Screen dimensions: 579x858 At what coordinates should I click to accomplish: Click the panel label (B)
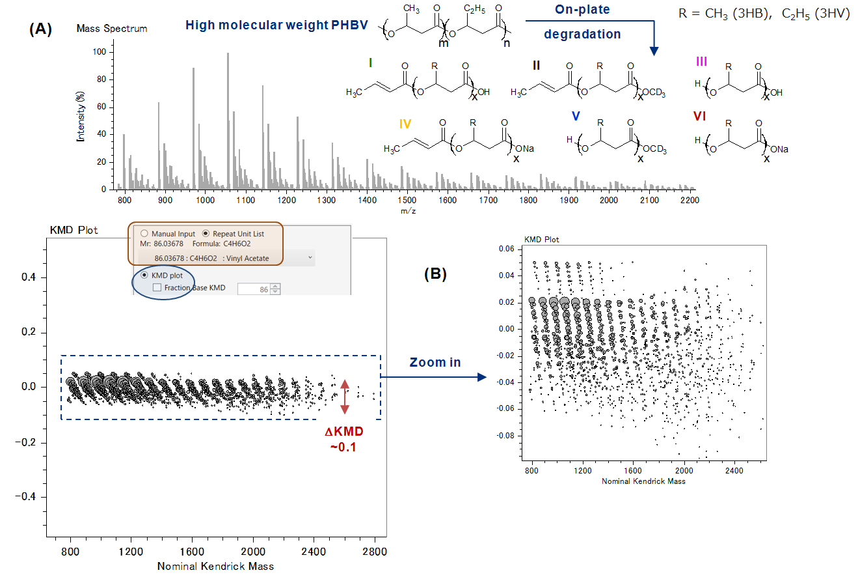click(435, 274)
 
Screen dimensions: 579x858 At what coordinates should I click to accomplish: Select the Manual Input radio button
click(143, 233)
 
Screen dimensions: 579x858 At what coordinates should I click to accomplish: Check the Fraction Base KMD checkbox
click(157, 287)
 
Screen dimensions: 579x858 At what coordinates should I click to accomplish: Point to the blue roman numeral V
click(576, 116)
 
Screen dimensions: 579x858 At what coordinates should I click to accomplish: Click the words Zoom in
click(435, 361)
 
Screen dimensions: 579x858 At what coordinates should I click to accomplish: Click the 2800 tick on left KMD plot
click(375, 552)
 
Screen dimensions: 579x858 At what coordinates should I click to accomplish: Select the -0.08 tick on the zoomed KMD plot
click(506, 434)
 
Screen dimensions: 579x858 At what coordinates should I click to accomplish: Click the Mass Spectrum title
click(112, 29)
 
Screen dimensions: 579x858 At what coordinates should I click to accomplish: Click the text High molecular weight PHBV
click(277, 25)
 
